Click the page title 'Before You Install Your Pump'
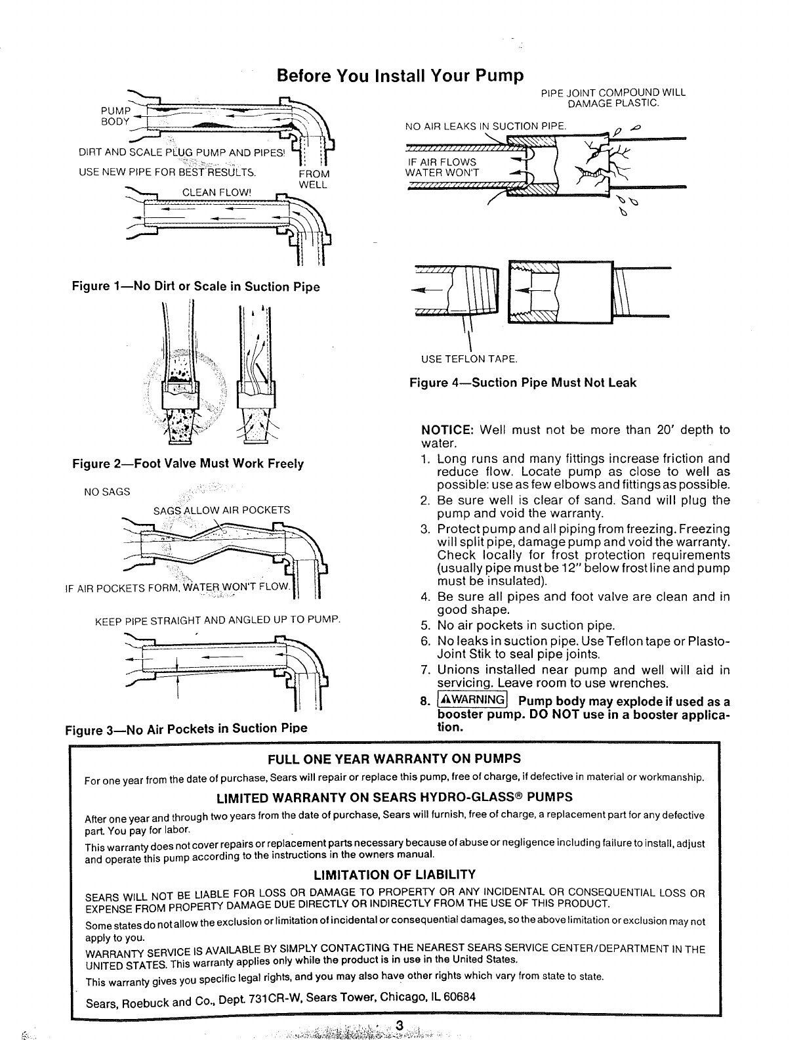[x=401, y=76]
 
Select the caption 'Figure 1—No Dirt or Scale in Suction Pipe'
[x=196, y=286]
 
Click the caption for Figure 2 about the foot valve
[x=188, y=464]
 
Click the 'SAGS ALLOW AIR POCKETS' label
[x=221, y=510]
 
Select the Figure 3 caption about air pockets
[x=186, y=728]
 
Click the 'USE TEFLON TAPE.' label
[x=469, y=358]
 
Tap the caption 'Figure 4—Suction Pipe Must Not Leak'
[x=523, y=382]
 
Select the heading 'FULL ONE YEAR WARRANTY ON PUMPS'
[x=394, y=759]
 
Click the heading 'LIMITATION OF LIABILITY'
[x=394, y=875]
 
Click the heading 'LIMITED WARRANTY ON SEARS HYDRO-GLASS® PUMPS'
[x=394, y=797]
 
